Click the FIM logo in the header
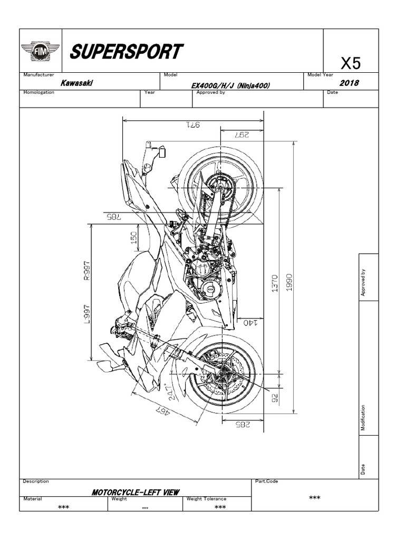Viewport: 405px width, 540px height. [41, 52]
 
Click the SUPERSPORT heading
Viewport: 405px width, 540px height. [127, 52]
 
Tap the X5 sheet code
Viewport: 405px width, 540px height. [351, 64]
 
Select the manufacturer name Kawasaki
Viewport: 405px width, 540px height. [74, 83]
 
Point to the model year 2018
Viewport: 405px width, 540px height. [350, 83]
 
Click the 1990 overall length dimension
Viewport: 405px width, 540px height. [289, 281]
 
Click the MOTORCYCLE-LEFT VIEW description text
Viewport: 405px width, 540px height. [136, 492]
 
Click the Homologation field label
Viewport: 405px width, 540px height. [39, 92]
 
